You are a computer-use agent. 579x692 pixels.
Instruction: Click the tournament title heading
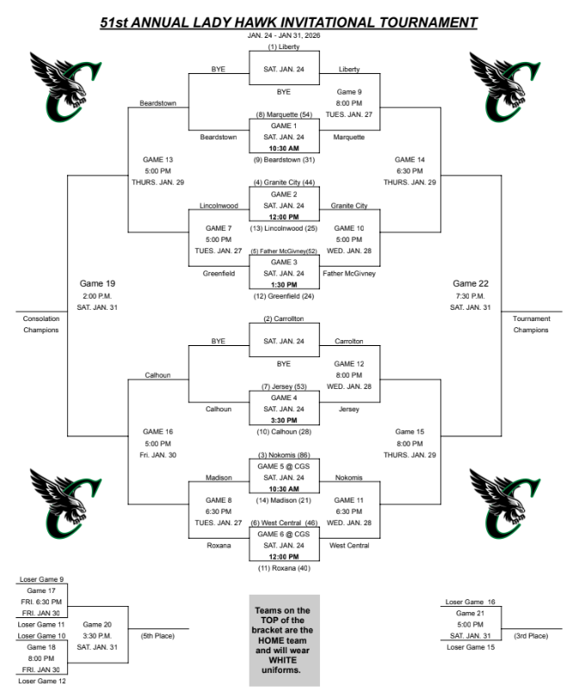tap(288, 22)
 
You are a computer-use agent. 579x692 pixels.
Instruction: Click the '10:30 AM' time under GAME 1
tap(284, 147)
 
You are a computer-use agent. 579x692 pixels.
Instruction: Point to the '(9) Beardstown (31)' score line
tap(284, 159)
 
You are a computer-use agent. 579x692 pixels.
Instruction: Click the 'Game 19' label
tap(97, 283)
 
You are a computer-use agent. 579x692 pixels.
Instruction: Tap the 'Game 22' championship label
tap(471, 283)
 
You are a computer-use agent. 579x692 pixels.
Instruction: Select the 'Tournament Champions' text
tap(531, 324)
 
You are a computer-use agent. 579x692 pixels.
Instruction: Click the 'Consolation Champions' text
tap(40, 324)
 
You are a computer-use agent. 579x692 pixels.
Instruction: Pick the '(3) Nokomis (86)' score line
tap(284, 454)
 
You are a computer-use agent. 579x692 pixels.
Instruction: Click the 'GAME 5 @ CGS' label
tap(284, 466)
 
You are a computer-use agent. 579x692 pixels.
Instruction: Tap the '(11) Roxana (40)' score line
tap(284, 568)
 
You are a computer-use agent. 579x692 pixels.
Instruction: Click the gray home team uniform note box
tap(284, 639)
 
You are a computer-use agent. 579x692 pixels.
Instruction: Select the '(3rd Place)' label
tap(531, 635)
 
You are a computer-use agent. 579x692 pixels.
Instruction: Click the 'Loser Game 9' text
tap(43, 579)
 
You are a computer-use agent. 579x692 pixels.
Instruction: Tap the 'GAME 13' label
tap(158, 159)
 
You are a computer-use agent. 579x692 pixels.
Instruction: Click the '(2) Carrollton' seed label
tap(284, 318)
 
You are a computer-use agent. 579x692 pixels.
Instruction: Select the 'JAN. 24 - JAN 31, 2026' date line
tap(284, 35)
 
